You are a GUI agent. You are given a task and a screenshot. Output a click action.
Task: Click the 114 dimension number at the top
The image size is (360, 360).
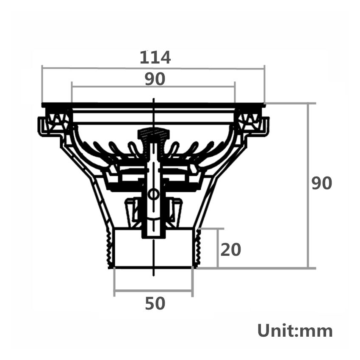155,57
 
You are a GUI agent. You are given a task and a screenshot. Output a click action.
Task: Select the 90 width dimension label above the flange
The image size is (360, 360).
155,79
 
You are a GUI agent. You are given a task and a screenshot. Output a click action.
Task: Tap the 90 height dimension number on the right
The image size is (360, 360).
322,183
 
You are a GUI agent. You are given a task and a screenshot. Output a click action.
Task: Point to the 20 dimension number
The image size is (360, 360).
231,250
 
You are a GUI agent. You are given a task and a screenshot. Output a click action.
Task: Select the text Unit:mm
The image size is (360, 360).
295,331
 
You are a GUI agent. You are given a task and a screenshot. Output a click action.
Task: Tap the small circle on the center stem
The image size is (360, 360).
153,194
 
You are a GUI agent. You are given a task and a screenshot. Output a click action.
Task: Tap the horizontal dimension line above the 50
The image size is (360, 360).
153,291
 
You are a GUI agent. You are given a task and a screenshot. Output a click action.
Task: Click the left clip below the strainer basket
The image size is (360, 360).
131,210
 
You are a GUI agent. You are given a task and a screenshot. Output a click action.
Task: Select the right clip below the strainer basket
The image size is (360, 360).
176,210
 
